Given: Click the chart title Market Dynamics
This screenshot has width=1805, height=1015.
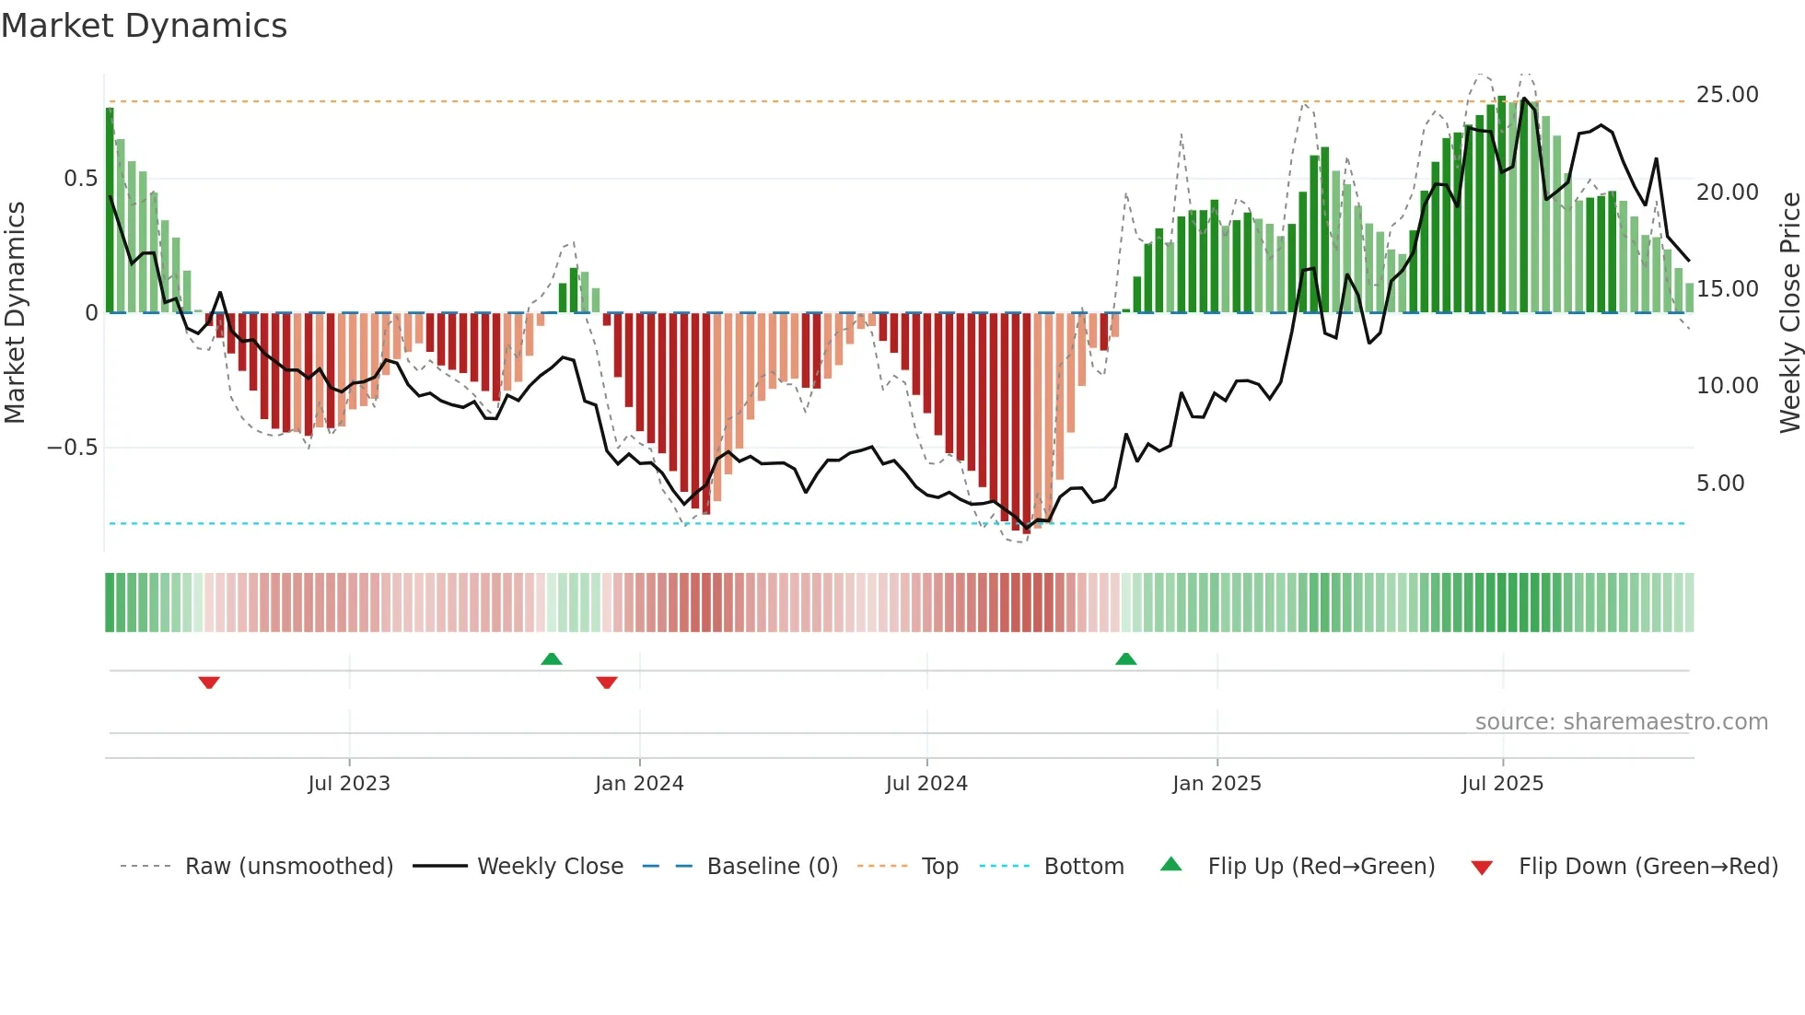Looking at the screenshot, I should click(x=145, y=26).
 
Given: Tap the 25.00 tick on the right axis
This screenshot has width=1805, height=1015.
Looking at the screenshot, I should click(x=1727, y=95).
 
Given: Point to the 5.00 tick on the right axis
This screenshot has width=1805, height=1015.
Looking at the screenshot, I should click(x=1719, y=484).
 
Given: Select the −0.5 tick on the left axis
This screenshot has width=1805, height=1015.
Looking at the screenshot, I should click(x=72, y=448).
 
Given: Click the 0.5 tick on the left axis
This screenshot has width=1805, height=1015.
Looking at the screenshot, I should click(x=80, y=179).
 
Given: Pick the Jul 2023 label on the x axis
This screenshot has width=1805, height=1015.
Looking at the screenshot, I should click(x=349, y=784).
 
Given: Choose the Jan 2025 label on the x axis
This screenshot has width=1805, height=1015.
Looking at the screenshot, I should click(x=1217, y=784).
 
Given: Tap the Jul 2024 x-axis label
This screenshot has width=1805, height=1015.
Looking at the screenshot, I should click(x=926, y=784).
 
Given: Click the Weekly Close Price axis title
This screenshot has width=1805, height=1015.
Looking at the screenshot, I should click(x=1789, y=312).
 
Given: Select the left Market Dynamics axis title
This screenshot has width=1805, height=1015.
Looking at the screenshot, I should click(x=15, y=312).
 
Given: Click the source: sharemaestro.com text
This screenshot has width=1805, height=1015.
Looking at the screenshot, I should click(x=1621, y=722).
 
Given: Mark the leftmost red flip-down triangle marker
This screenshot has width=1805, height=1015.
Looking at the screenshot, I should click(x=209, y=682).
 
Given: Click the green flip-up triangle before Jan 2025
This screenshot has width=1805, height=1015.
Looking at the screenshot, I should click(x=1125, y=659).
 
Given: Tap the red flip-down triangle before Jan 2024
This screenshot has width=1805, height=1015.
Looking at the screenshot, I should click(x=606, y=682).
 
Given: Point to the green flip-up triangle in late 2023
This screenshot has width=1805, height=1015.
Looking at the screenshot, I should click(x=551, y=659).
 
